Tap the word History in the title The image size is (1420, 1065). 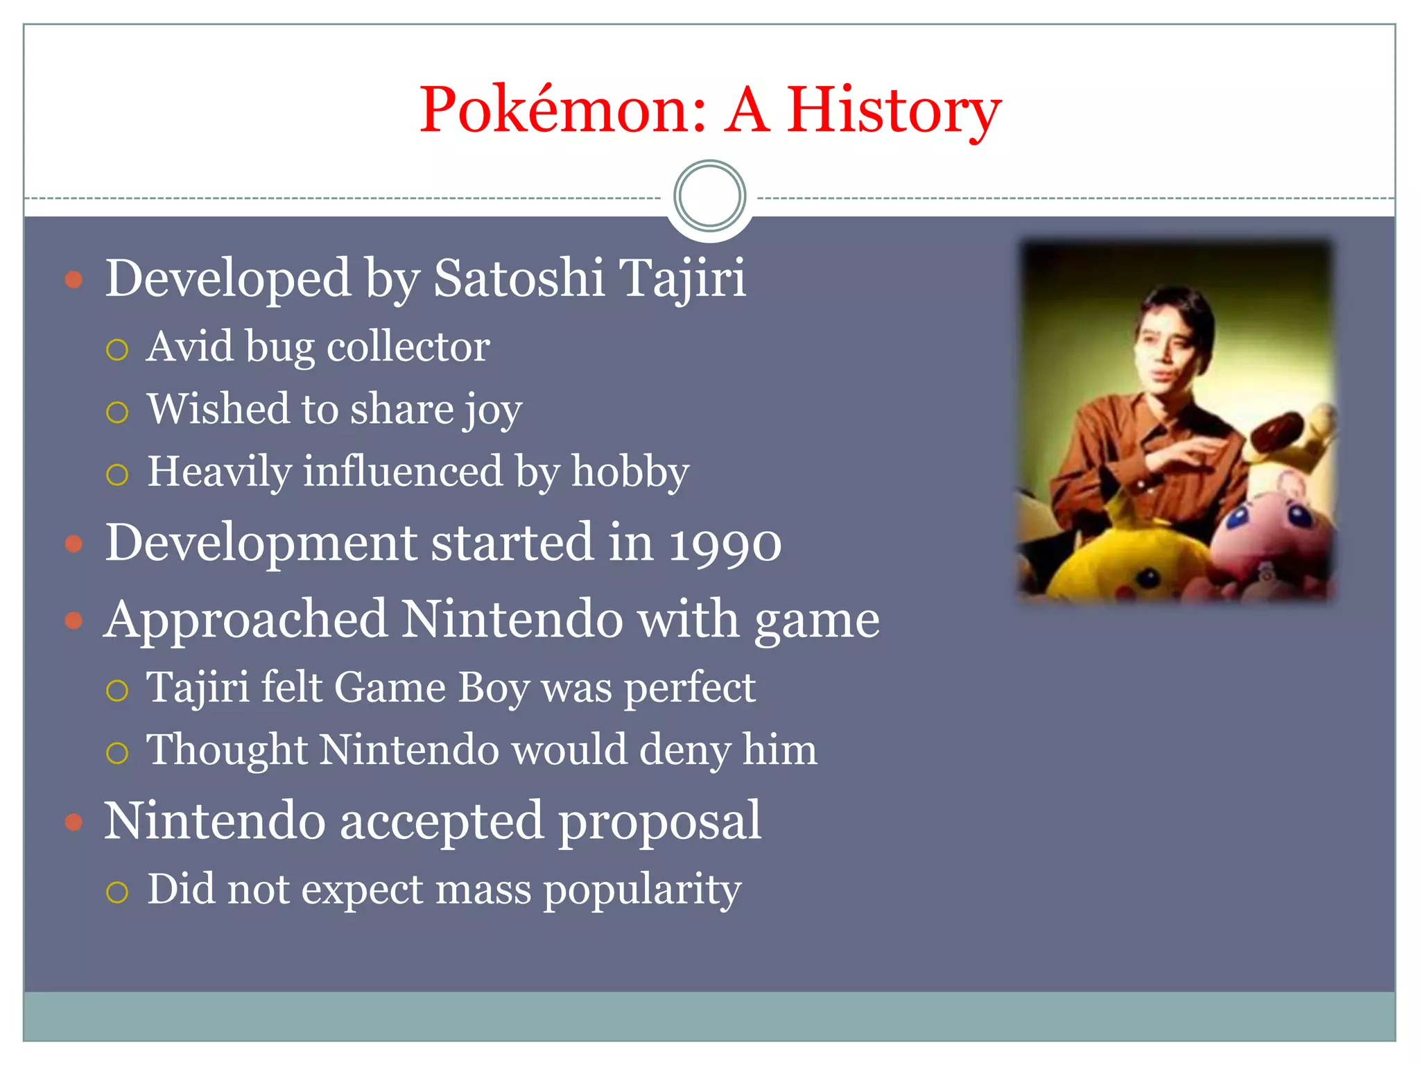point(894,111)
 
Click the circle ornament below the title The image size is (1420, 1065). point(709,196)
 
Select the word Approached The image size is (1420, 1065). point(245,621)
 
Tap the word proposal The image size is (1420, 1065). point(659,822)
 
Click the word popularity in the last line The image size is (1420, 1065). point(642,891)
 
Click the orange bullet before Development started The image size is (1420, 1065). point(73,544)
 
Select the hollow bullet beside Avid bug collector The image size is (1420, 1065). point(117,349)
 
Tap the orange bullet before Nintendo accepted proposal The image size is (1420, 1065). point(73,822)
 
